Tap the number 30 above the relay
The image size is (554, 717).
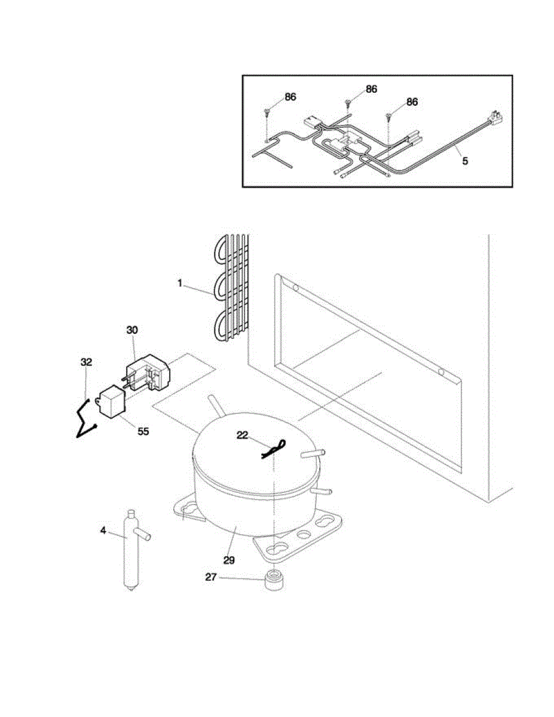click(132, 329)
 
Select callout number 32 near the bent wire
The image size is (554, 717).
click(87, 361)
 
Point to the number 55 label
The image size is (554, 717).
click(143, 431)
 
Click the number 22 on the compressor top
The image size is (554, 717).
click(242, 436)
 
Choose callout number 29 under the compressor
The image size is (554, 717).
click(229, 560)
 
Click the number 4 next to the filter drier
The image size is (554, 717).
click(103, 530)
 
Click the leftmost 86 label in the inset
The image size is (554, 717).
click(290, 97)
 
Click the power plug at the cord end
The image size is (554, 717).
click(495, 115)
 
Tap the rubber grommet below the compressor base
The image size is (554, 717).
click(274, 580)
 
